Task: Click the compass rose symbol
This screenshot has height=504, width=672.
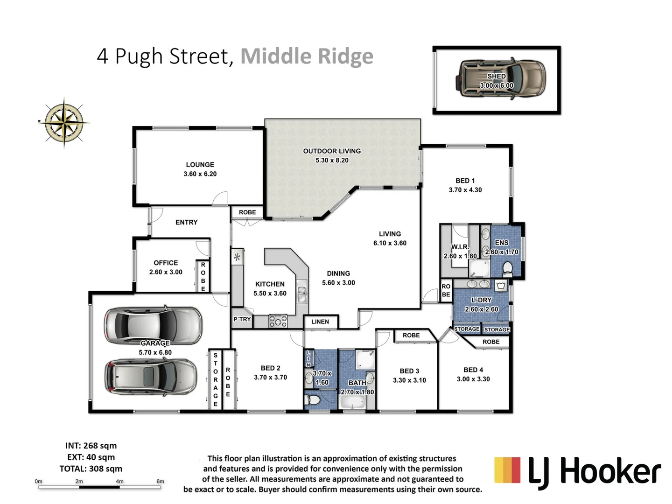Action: pyautogui.click(x=64, y=122)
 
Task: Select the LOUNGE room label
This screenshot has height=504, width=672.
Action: pyautogui.click(x=200, y=165)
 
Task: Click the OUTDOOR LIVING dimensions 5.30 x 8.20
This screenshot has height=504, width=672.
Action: pyautogui.click(x=332, y=160)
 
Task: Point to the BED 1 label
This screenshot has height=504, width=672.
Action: pyautogui.click(x=465, y=181)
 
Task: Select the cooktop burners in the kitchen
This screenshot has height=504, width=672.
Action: pyautogui.click(x=278, y=321)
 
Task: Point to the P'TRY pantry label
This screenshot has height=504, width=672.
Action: pyautogui.click(x=242, y=319)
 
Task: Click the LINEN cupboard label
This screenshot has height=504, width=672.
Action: pyautogui.click(x=320, y=322)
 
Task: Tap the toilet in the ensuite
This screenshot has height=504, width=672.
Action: pyautogui.click(x=508, y=268)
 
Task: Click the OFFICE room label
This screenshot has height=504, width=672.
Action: pyautogui.click(x=166, y=263)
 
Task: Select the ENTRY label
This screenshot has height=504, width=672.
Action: pyautogui.click(x=186, y=222)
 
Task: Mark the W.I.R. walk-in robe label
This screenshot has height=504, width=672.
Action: pyautogui.click(x=459, y=247)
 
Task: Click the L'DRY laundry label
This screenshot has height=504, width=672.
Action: pyautogui.click(x=481, y=300)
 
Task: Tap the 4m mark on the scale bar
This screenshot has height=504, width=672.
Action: pyautogui.click(x=119, y=481)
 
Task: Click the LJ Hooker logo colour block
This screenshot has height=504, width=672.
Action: pyautogui.click(x=507, y=470)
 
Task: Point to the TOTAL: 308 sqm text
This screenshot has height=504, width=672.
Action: pyautogui.click(x=91, y=469)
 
